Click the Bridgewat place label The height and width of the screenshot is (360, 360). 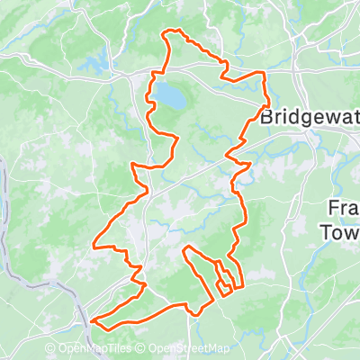(310, 117)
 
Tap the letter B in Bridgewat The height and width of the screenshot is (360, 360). (265, 117)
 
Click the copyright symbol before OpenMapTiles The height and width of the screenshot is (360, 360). (50, 349)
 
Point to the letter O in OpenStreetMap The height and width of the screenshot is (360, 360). (153, 349)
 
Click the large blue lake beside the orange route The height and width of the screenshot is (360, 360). (166, 95)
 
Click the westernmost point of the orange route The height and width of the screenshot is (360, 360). (94, 243)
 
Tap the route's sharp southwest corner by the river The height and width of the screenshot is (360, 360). (91, 319)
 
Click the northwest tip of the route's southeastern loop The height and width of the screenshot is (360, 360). (185, 247)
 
